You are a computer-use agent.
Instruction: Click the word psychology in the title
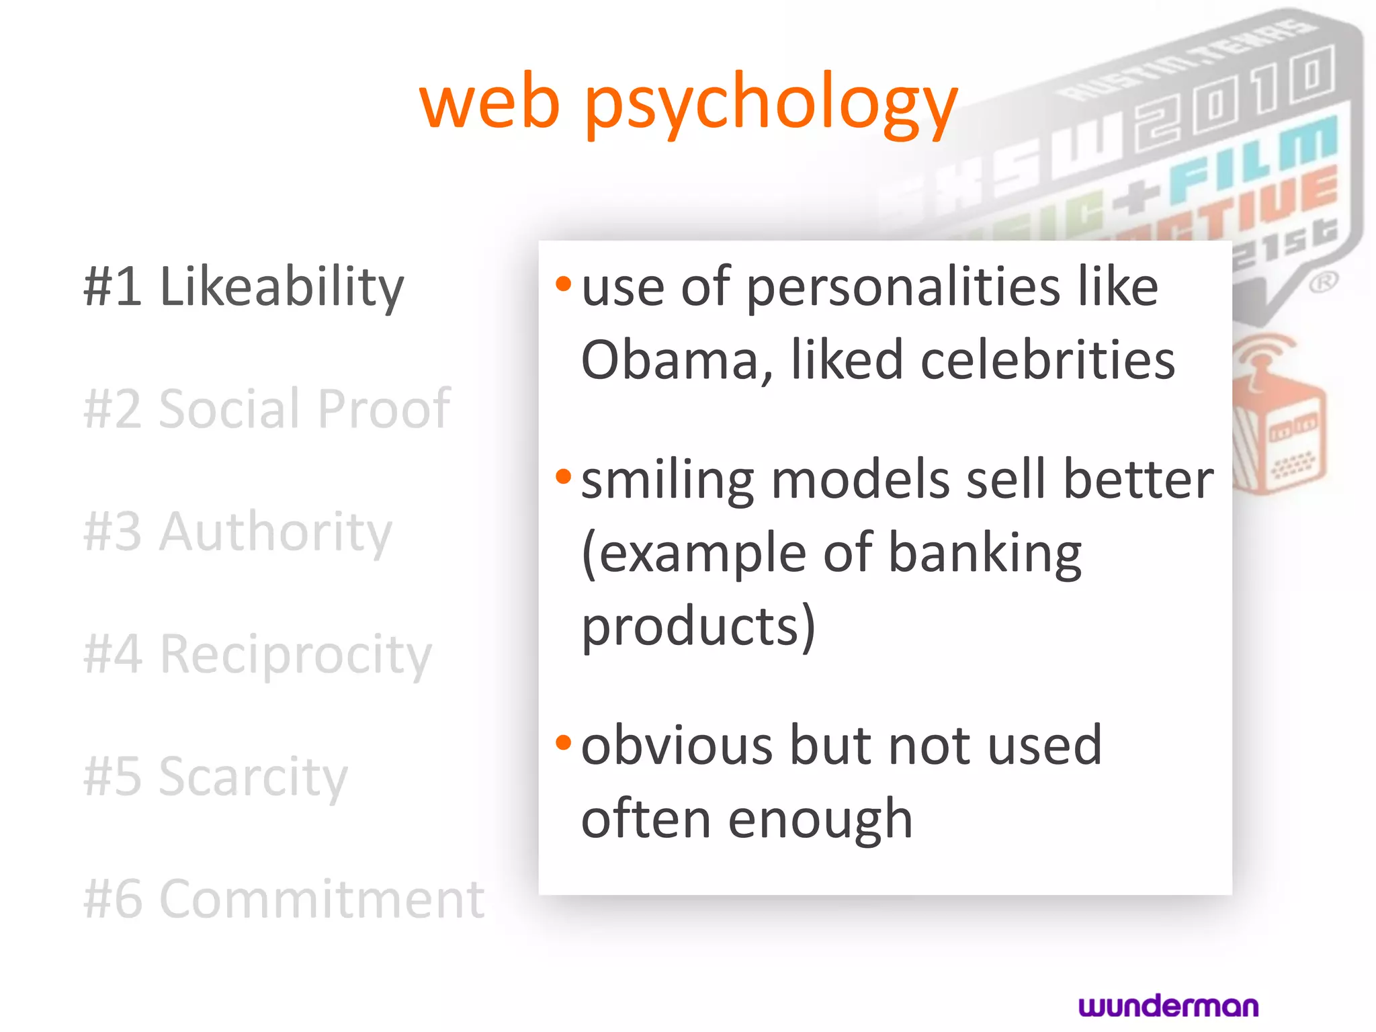[x=771, y=104]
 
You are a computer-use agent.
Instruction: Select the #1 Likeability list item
[x=243, y=287]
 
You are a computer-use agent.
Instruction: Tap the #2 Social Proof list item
[x=267, y=408]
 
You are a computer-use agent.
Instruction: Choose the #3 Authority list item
[x=237, y=531]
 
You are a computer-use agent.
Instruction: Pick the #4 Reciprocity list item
[x=257, y=654]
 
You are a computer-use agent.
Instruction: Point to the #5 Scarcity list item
[x=215, y=777]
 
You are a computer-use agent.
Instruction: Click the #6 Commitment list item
[x=284, y=899]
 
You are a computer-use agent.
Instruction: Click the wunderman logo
[x=1168, y=1006]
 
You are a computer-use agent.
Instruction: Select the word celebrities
[x=1047, y=360]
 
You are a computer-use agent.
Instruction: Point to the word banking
[x=985, y=554]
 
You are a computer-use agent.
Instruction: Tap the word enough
[x=820, y=820]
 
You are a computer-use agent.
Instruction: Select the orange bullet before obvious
[x=563, y=742]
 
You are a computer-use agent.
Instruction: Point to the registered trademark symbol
[x=1323, y=282]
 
